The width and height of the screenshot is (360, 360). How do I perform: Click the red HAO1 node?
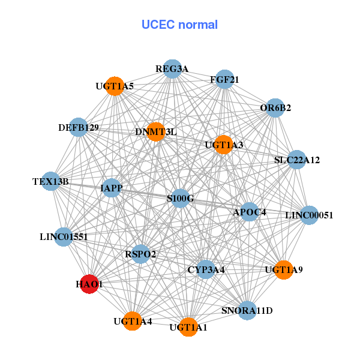click(89, 284)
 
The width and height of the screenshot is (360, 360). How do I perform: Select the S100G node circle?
click(181, 199)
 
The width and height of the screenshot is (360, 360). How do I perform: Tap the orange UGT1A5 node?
click(114, 86)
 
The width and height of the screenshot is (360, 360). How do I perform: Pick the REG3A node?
click(172, 69)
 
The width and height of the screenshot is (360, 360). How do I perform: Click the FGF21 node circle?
click(224, 79)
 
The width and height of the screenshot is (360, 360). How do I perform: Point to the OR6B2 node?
click(275, 108)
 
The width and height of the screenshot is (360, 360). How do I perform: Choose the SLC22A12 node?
click(297, 160)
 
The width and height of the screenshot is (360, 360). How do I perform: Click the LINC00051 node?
click(308, 215)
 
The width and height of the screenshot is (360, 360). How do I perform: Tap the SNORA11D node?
click(247, 310)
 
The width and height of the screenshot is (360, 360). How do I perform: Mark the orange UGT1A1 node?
click(188, 327)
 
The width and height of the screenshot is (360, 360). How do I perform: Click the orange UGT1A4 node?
click(133, 322)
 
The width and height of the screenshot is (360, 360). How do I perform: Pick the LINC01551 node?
click(64, 236)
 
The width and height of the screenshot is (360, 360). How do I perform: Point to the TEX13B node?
click(51, 181)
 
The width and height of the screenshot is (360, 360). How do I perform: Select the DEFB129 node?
click(79, 127)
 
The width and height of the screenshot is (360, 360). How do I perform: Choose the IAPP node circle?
click(112, 188)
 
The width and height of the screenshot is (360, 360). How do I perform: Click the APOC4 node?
click(250, 212)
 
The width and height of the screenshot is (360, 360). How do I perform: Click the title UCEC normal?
click(179, 25)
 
